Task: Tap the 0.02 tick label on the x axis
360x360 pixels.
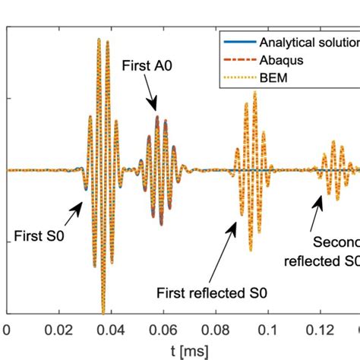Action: click(x=53, y=329)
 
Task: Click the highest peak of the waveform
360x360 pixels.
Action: click(x=99, y=38)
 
